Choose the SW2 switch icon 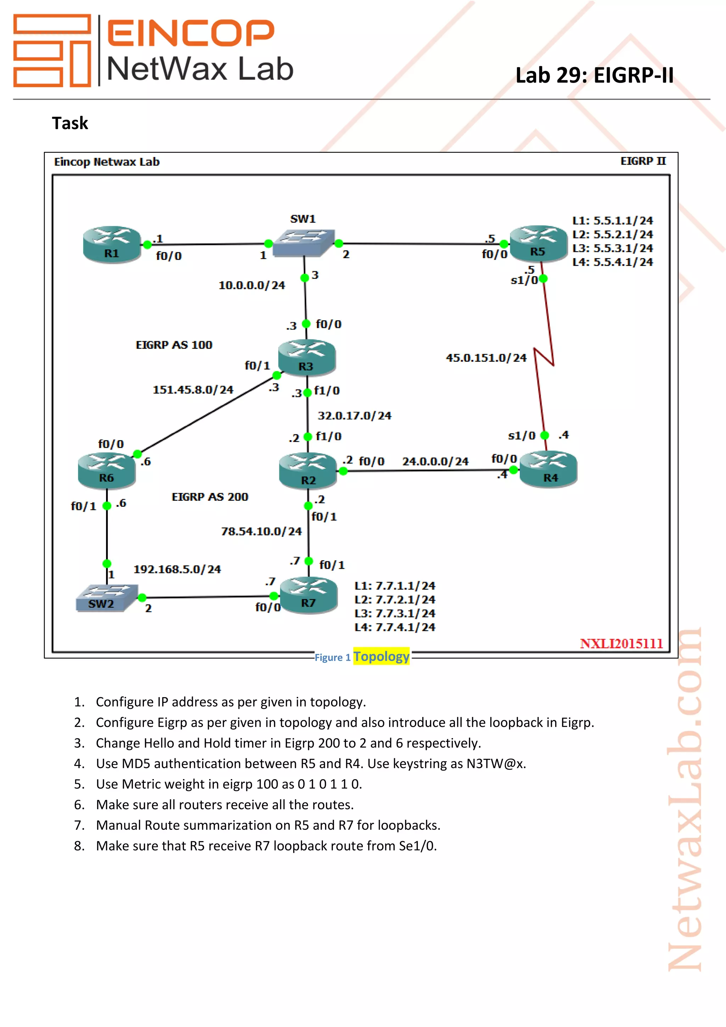106,598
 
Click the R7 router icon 308,595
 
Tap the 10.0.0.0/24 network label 252,285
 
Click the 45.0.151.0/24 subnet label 486,358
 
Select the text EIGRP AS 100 174,345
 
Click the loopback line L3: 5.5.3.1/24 613,248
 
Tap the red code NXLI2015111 621,643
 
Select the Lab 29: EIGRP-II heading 594,75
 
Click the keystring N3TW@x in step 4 495,764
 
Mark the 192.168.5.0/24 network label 177,570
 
